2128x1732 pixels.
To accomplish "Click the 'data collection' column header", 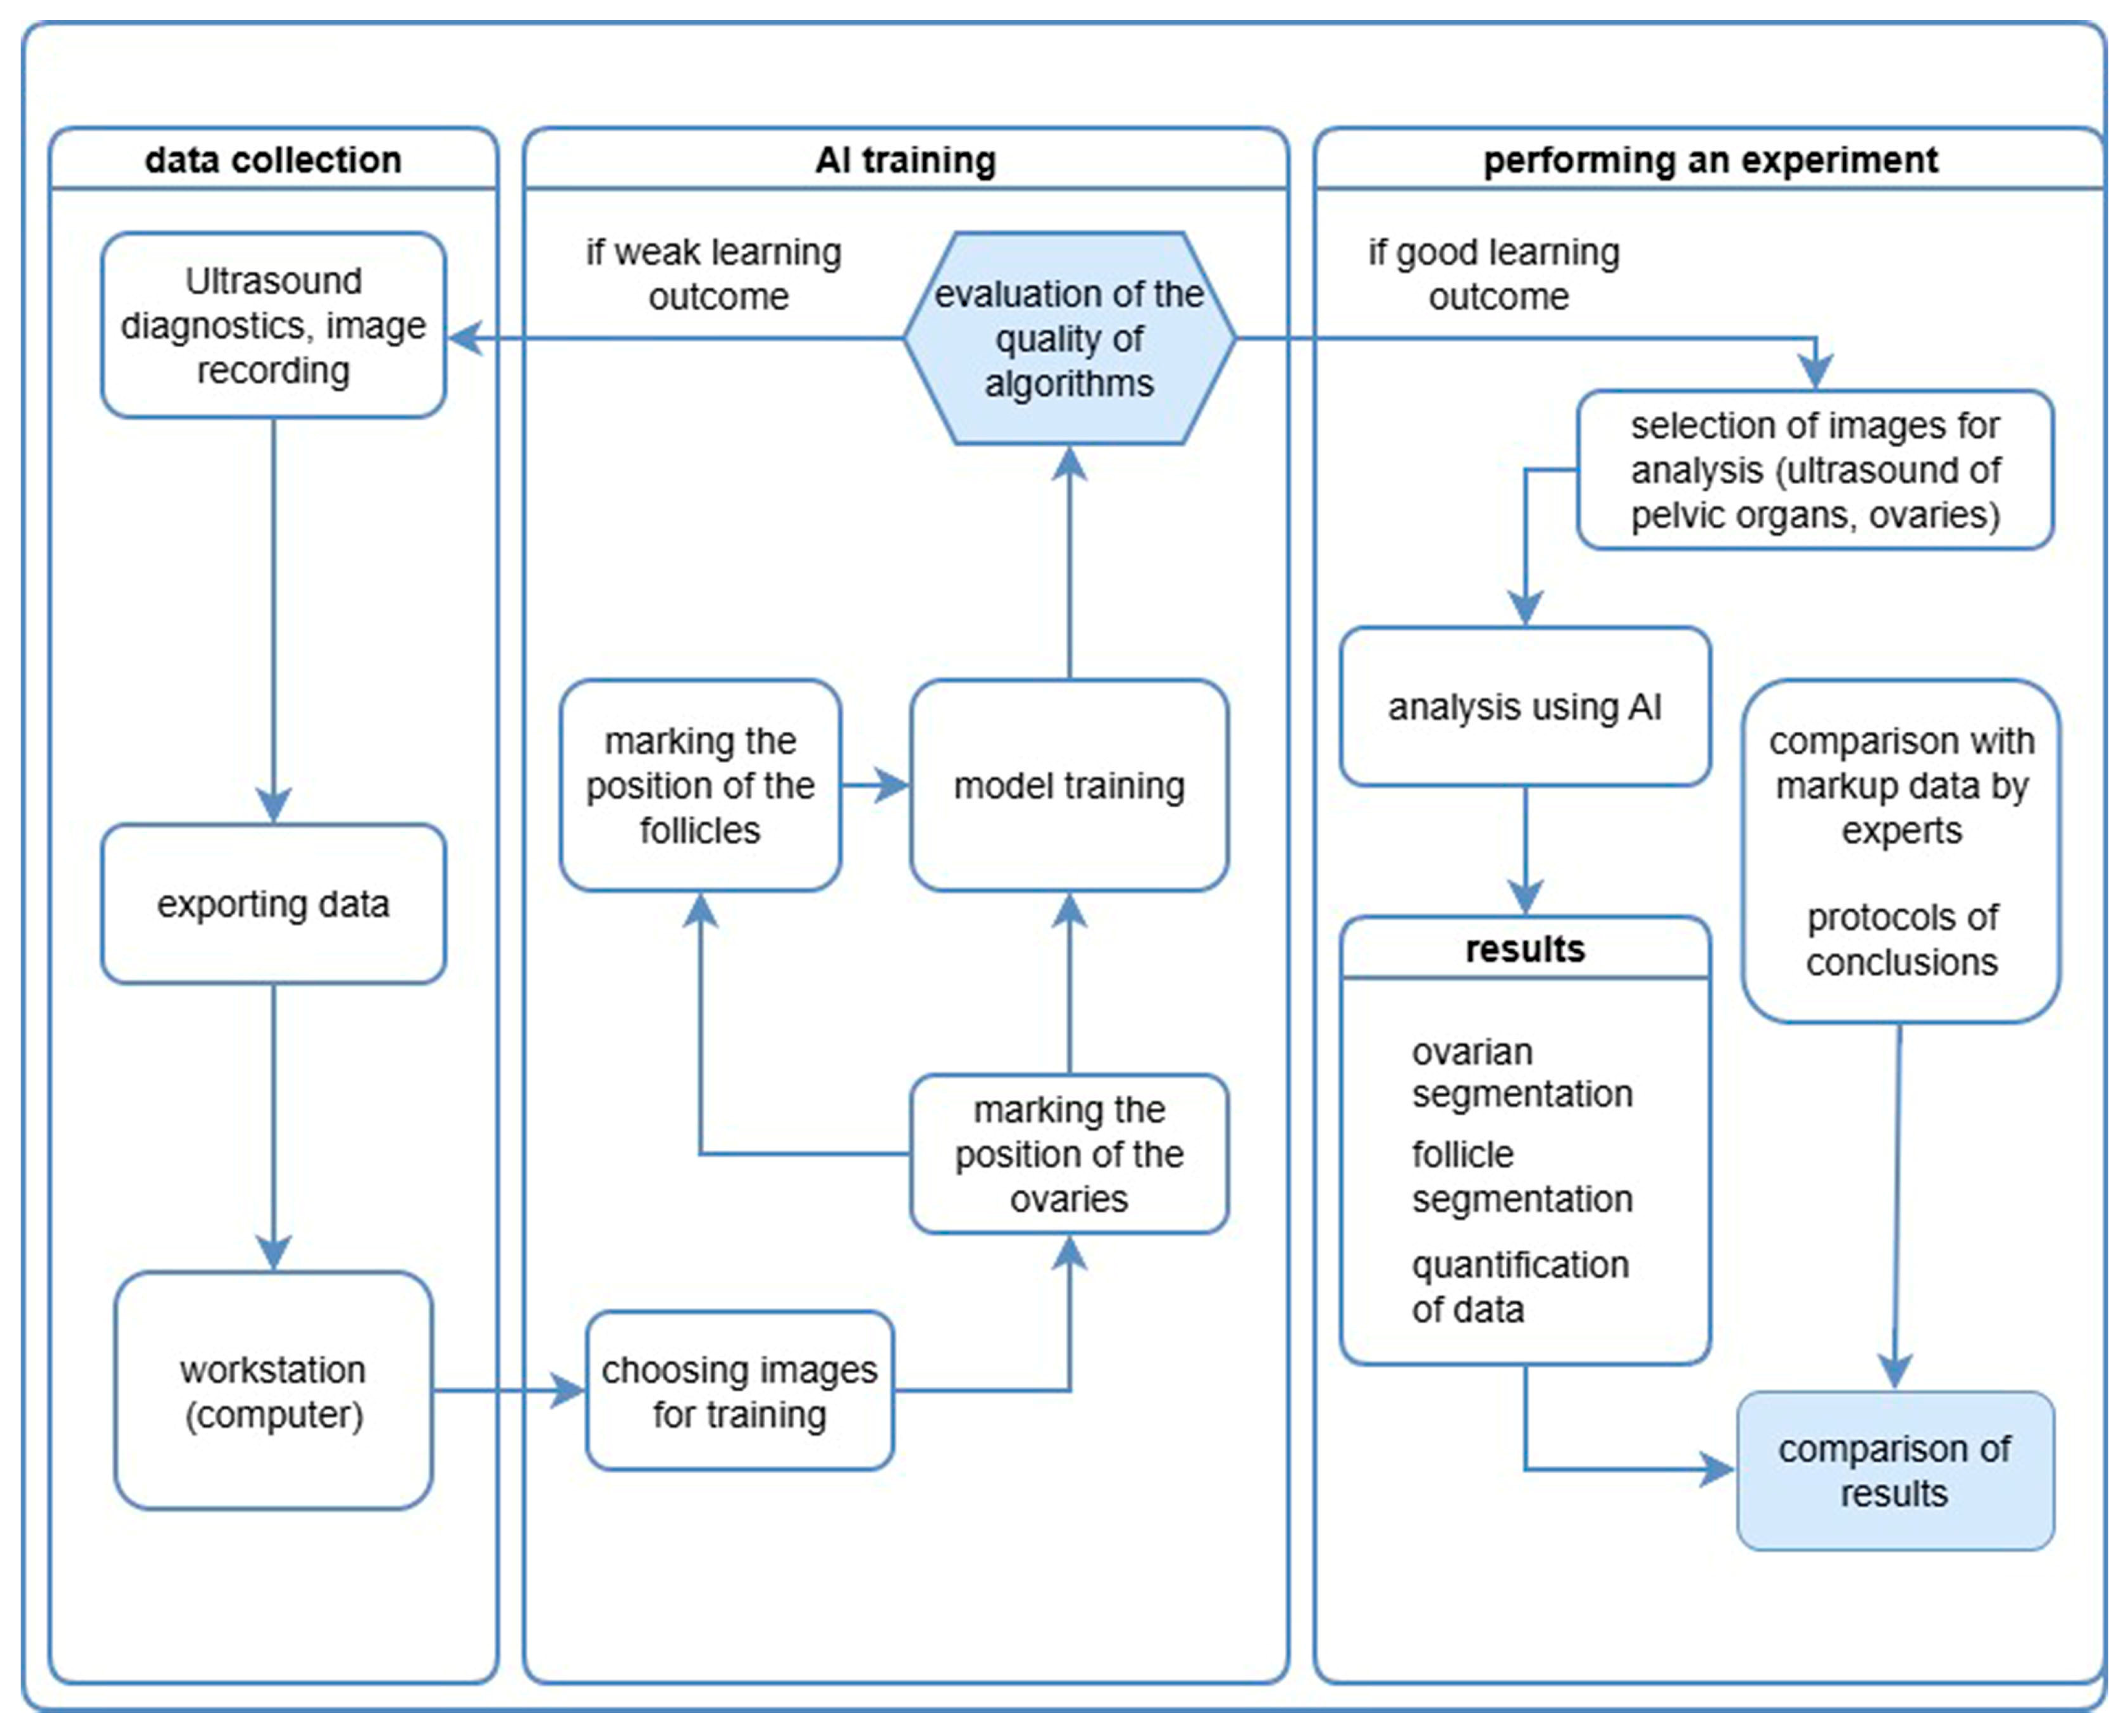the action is coord(273,160).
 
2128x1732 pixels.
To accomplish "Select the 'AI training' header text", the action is coord(906,160).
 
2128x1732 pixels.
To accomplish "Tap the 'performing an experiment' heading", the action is coord(1711,160).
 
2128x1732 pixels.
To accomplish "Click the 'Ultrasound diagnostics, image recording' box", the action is coord(273,325).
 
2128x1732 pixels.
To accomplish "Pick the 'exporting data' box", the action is coord(273,904).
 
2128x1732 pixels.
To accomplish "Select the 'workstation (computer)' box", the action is coord(273,1391).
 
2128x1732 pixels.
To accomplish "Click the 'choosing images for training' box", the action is coord(739,1391).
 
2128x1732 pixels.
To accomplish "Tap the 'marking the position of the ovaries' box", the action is coord(1070,1154).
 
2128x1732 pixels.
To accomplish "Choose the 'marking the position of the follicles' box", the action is coord(700,785).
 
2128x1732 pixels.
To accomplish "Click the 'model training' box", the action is coord(1070,785).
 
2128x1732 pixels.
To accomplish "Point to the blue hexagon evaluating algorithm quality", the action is coord(1070,338).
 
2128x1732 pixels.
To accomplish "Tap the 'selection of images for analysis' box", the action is coord(1815,470).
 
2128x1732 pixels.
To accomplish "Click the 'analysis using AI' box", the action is coord(1525,706).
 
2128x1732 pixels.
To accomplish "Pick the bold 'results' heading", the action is coord(1525,948).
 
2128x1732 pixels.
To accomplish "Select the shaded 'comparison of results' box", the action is coord(1894,1471).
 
